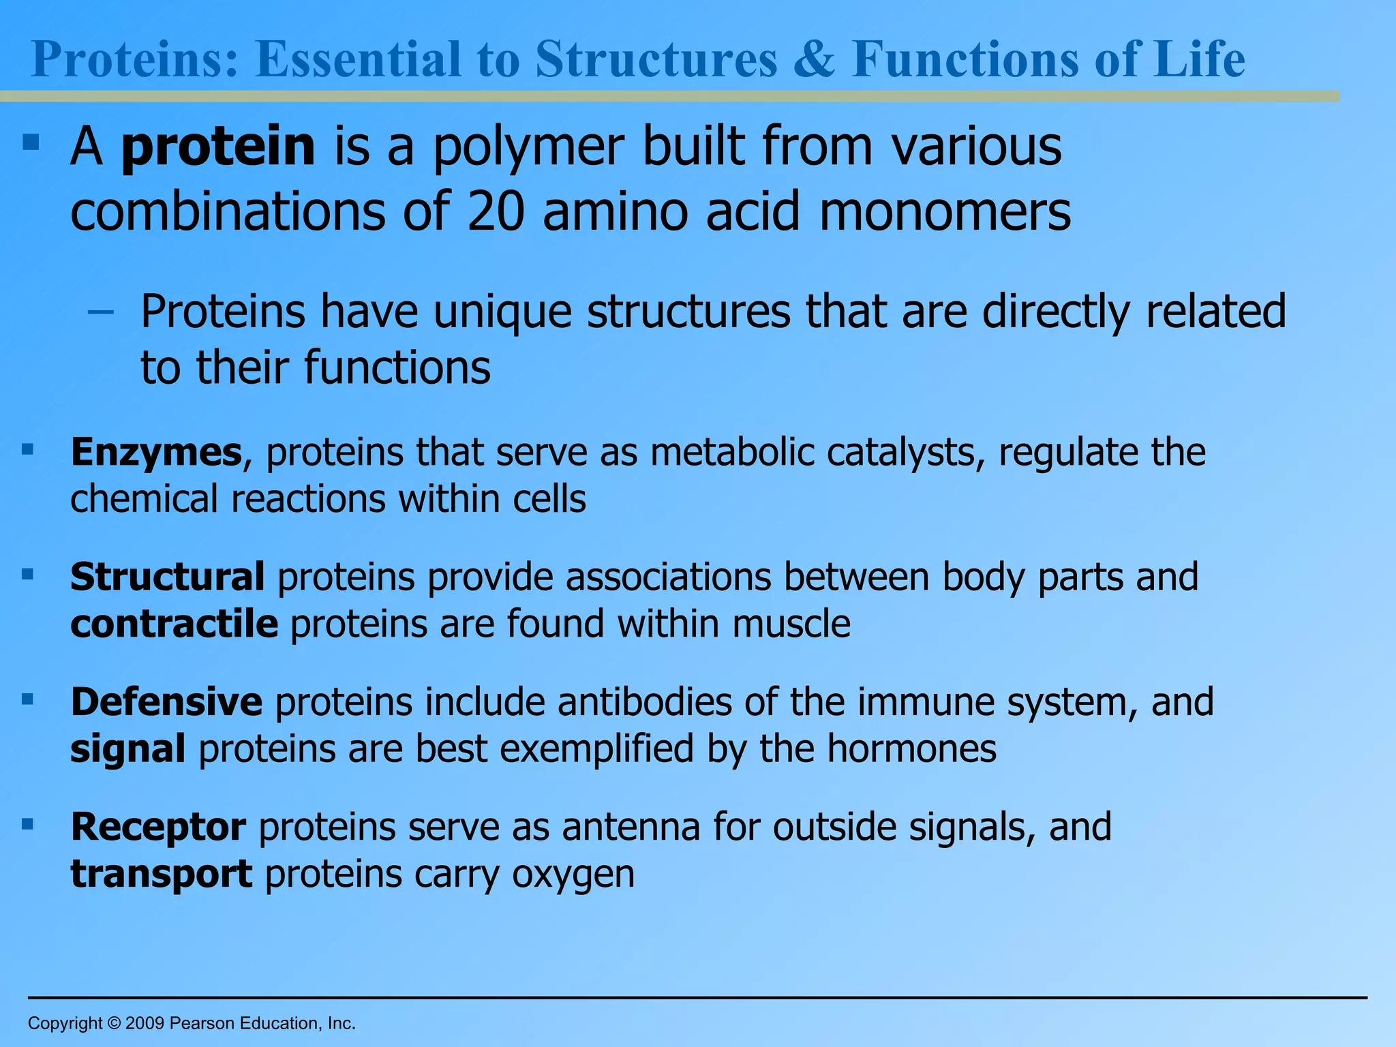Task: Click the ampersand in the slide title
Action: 815,60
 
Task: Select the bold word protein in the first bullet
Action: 218,147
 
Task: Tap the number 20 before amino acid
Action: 496,211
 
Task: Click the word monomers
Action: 945,211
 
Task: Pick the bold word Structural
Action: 168,577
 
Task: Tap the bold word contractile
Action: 174,624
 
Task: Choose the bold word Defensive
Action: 166,702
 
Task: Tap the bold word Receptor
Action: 158,828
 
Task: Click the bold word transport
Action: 162,875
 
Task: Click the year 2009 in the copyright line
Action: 145,1023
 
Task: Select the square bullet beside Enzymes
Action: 28,449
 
